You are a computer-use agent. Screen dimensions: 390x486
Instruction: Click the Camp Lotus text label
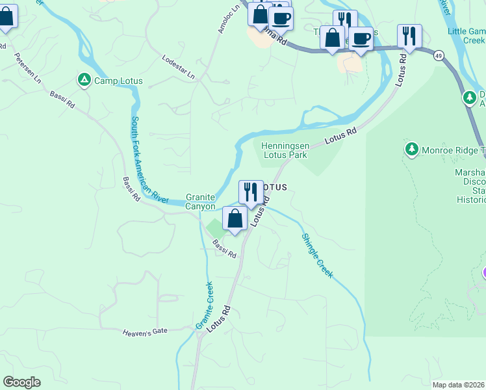pos(118,82)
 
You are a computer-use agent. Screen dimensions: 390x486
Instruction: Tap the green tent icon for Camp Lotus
pos(84,81)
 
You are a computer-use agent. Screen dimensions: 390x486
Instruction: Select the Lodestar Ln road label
pos(178,66)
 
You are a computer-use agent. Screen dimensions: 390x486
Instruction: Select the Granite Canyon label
pos(200,201)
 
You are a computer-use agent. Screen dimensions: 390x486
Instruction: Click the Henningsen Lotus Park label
pos(284,150)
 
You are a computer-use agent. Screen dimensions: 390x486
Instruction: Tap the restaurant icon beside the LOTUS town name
pos(251,191)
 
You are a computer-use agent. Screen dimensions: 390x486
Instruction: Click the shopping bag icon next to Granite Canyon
pos(235,218)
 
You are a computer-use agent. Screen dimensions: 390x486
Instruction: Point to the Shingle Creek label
pos(316,255)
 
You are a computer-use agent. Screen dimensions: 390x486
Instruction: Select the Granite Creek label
pos(203,304)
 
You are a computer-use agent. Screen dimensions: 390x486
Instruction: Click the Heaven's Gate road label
pos(145,331)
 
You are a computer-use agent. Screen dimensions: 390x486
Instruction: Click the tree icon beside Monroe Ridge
pos(411,149)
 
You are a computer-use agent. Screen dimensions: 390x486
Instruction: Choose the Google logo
pos(22,382)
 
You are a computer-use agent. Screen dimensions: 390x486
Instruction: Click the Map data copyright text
pos(459,385)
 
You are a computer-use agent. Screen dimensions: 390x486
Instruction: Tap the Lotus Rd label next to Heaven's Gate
pos(219,320)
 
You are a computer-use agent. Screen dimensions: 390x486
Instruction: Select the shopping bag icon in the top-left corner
pos(5,18)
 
